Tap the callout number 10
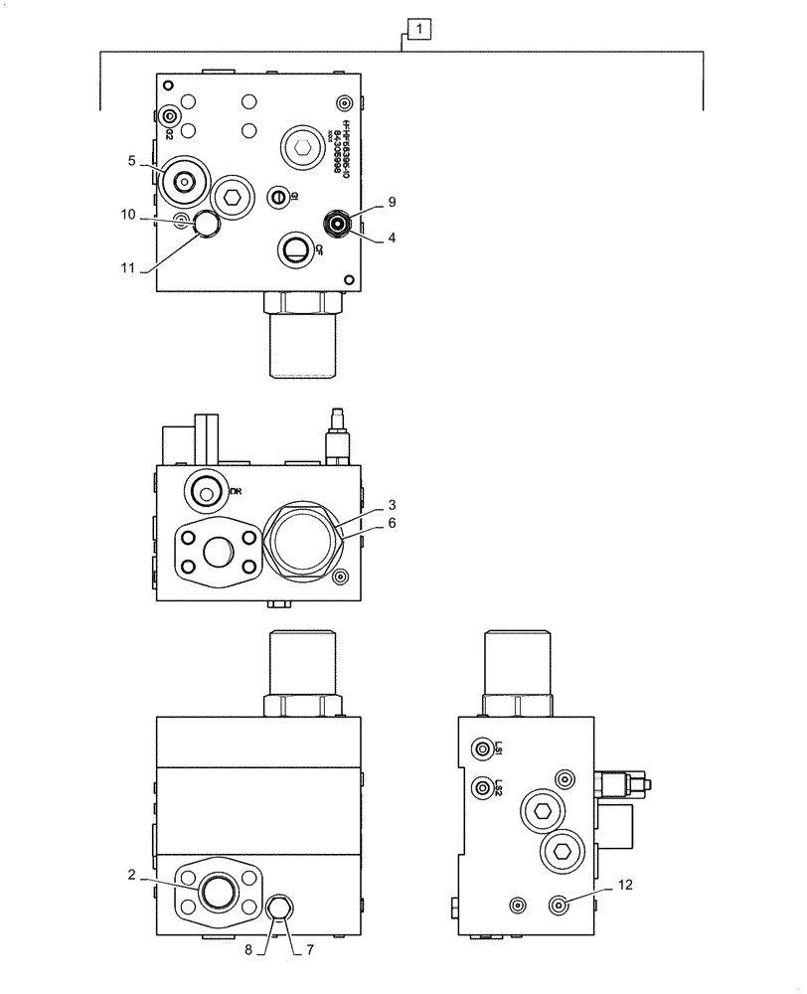pyautogui.click(x=129, y=214)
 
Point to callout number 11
pyautogui.click(x=129, y=266)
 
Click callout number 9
pyautogui.click(x=392, y=202)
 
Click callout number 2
pyautogui.click(x=131, y=875)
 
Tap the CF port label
pyautogui.click(x=318, y=250)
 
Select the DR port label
pyautogui.click(x=236, y=490)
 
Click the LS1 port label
pyautogui.click(x=499, y=748)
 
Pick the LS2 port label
pyautogui.click(x=499, y=787)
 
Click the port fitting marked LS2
pyautogui.click(x=482, y=787)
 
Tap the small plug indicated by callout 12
pyautogui.click(x=562, y=904)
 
